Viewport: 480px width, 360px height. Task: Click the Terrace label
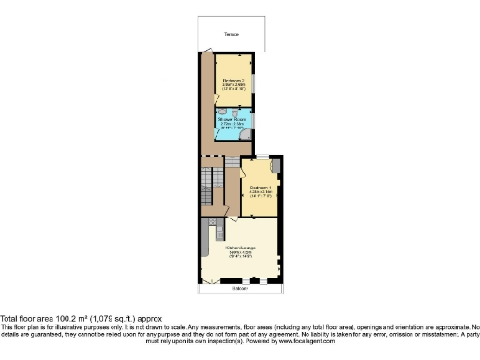tap(231, 35)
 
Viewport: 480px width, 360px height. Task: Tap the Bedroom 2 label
tap(233, 81)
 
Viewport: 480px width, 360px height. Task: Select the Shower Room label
tap(231, 119)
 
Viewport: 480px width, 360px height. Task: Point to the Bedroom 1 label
tap(260, 187)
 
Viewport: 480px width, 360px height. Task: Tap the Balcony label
tap(242, 289)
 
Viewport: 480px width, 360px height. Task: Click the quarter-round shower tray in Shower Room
tap(246, 134)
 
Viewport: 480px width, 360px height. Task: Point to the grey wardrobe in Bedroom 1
tap(277, 166)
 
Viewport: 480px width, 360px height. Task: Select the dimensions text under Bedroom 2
tap(233, 87)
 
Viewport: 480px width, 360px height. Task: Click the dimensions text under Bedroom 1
tap(260, 195)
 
